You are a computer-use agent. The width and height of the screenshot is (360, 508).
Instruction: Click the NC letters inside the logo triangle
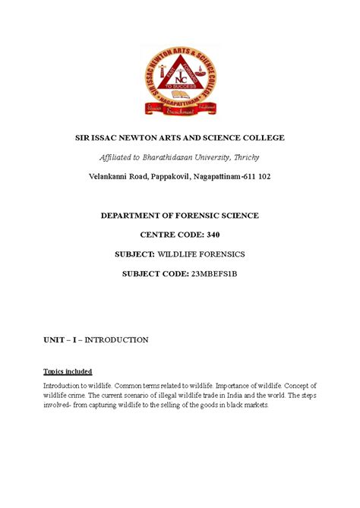tap(180, 78)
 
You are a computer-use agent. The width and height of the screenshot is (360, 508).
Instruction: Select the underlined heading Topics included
tap(67, 371)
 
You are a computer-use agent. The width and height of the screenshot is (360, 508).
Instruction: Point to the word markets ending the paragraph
tap(243, 405)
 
